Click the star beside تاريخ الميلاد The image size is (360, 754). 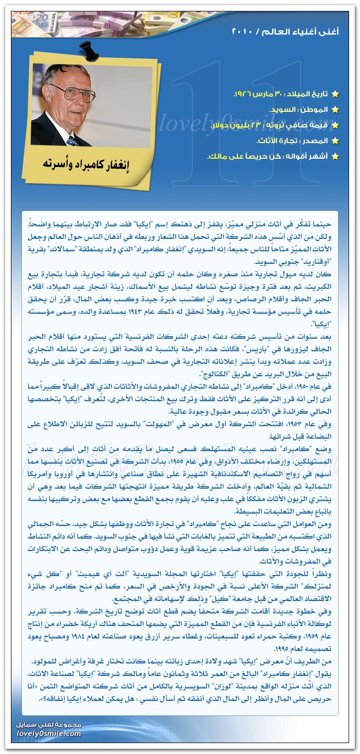pos(335,94)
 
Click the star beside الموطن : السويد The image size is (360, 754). pos(335,110)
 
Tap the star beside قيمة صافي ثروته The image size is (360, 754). pos(335,125)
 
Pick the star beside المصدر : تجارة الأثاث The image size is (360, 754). pos(335,141)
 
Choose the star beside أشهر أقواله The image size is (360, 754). pos(335,157)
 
